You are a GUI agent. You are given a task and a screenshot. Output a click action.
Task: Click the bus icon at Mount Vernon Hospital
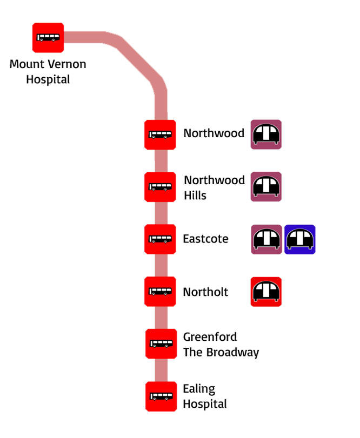(x=48, y=38)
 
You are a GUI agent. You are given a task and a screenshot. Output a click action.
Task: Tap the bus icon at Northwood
(x=160, y=135)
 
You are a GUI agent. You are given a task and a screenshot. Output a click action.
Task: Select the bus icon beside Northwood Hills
(x=160, y=187)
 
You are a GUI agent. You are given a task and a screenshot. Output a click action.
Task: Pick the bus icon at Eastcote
(x=160, y=239)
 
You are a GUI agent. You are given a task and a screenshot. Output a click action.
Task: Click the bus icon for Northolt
(x=160, y=292)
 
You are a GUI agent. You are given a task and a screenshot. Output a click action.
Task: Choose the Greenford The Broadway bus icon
(x=161, y=343)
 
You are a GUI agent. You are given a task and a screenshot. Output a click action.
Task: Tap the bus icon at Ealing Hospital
(x=161, y=396)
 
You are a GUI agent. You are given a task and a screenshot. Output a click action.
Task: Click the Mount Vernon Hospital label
(x=48, y=72)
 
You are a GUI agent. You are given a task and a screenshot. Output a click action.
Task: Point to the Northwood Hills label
(x=214, y=187)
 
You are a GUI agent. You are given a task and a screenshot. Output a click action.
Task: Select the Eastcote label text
(x=205, y=239)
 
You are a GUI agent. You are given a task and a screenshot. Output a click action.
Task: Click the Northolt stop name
(x=205, y=292)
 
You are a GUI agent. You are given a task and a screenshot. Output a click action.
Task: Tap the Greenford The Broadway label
(x=221, y=345)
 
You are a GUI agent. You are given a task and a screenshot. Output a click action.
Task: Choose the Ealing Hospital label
(x=204, y=396)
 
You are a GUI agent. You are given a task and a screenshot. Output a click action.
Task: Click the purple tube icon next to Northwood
(x=266, y=134)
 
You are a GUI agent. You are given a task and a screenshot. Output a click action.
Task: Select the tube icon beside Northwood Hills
(x=266, y=187)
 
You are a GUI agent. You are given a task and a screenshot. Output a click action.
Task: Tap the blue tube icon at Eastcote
(x=300, y=239)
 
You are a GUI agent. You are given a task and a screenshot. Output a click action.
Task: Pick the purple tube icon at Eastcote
(x=266, y=239)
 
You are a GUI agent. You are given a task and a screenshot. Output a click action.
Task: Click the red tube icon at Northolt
(x=266, y=292)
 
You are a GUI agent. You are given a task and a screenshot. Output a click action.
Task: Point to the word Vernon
(x=66, y=65)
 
